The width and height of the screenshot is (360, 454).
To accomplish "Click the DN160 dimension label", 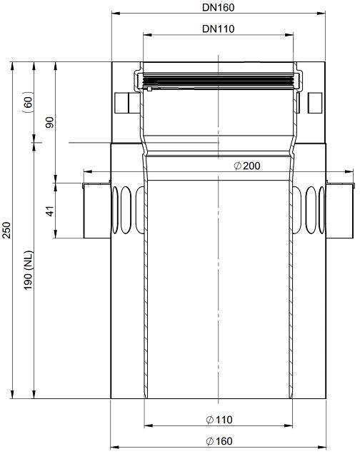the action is (x=218, y=8).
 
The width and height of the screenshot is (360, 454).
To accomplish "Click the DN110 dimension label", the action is (x=218, y=29).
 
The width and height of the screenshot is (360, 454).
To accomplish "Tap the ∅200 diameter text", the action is (x=247, y=166).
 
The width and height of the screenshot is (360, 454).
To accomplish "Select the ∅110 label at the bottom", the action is (x=219, y=420).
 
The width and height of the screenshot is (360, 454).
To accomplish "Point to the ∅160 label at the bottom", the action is (x=219, y=441).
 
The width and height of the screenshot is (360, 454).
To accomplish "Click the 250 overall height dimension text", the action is (x=6, y=230).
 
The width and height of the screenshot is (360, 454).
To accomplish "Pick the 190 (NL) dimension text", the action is (x=29, y=271).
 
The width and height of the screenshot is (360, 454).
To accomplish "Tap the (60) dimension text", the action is (x=29, y=100).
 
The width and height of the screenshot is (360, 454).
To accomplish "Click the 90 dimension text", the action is (x=50, y=123).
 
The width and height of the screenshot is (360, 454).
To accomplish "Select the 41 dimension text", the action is (x=50, y=211).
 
